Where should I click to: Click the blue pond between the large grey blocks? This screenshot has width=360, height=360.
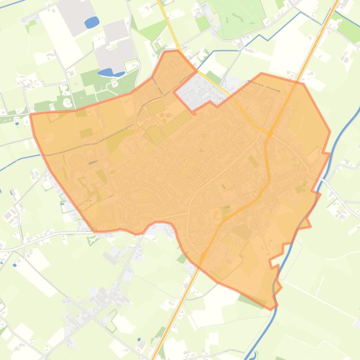[x=92, y=22]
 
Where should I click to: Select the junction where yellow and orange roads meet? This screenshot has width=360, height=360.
[x=270, y=133]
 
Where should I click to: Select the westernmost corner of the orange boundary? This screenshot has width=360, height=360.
[x=30, y=114]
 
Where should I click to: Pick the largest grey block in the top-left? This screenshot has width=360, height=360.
[x=75, y=16]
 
